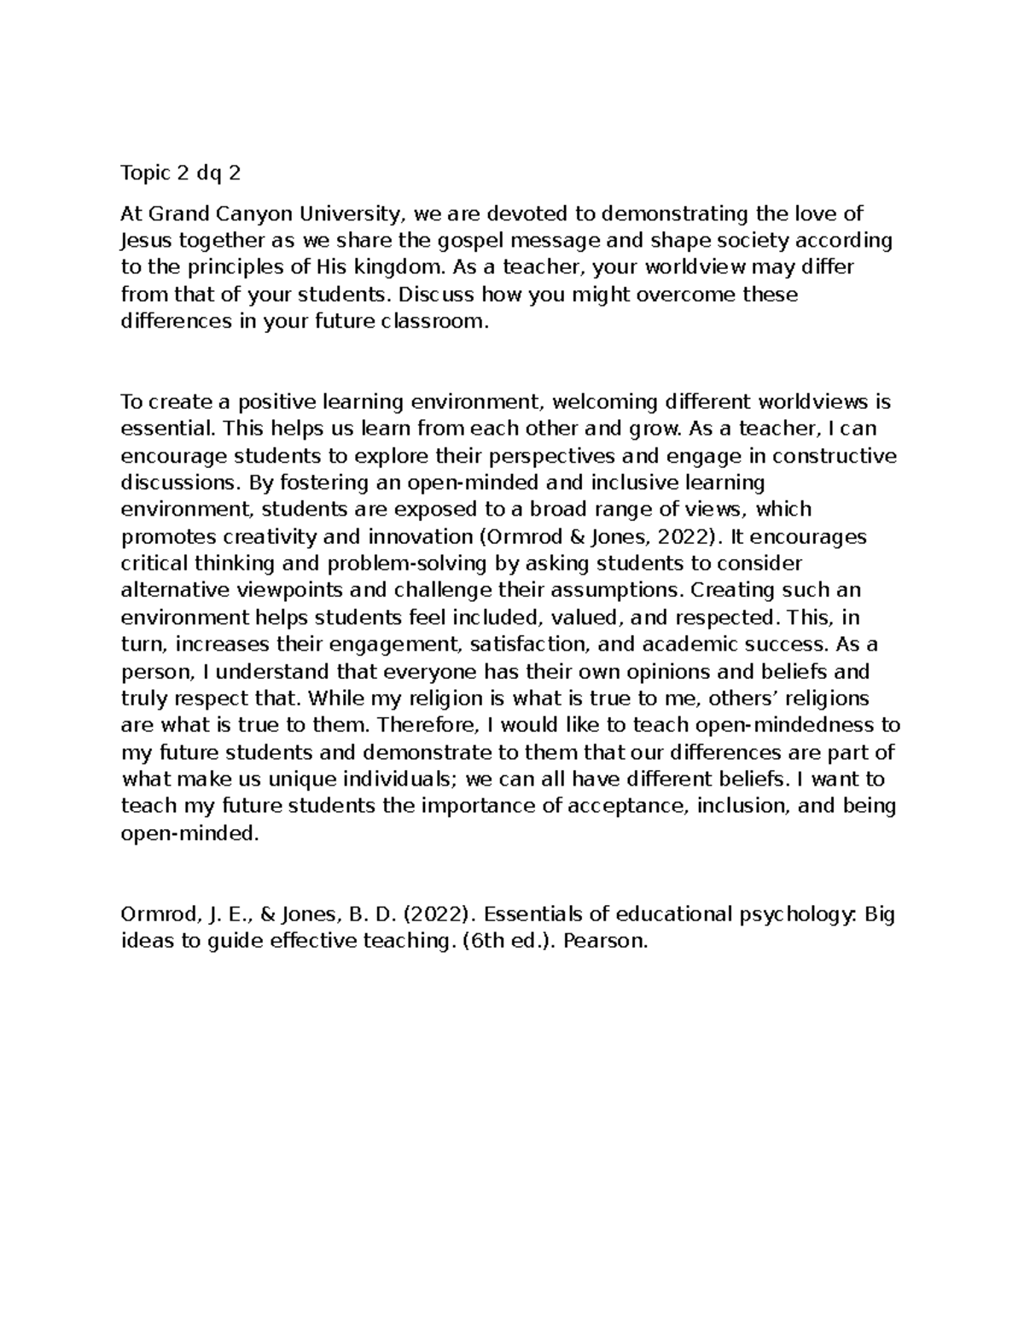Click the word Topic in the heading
coord(146,173)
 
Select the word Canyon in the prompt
coord(255,213)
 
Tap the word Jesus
coord(146,241)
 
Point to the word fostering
coord(294,483)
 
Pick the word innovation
coord(415,537)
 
